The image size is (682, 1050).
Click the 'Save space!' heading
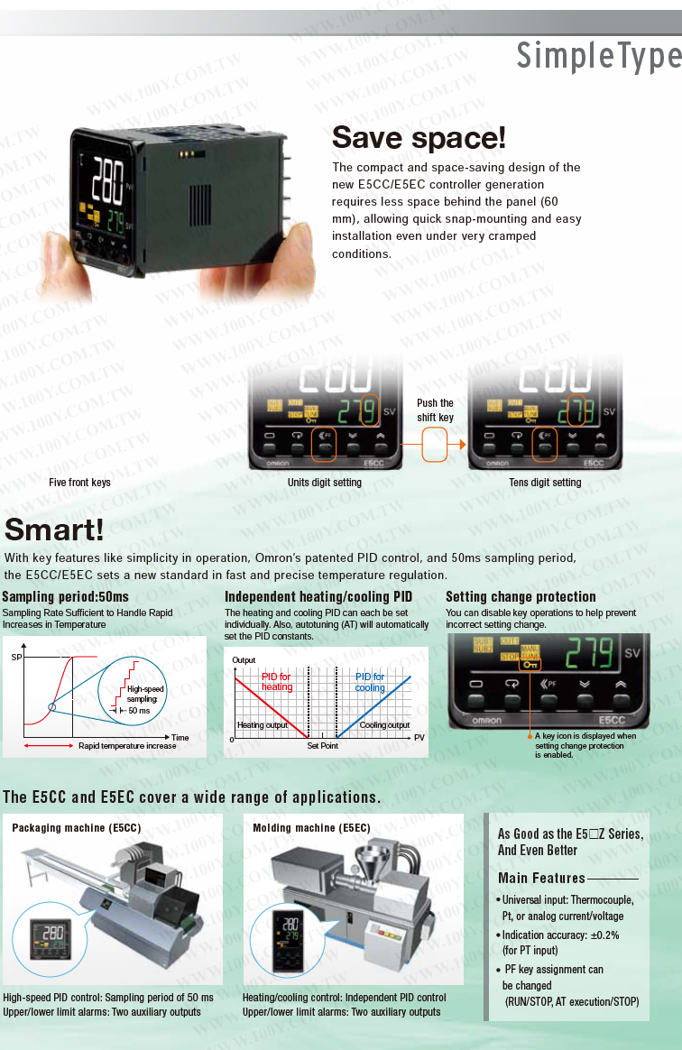point(419,139)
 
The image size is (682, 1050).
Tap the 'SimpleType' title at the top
point(598,56)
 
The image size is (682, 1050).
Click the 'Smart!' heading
point(55,530)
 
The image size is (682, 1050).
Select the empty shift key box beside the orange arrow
point(435,445)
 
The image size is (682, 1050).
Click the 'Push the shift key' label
point(435,410)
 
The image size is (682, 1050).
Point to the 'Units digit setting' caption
point(324,483)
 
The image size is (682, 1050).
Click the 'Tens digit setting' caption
point(545,483)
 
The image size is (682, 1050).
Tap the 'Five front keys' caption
point(79,483)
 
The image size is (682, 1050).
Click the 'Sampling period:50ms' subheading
point(65,596)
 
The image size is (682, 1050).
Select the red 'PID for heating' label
point(277,682)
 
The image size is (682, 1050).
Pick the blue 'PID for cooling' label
point(370,682)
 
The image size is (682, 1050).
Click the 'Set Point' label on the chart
point(322,746)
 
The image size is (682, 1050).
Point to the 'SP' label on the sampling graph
point(15,658)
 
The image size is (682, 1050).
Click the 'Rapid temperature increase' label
point(127,746)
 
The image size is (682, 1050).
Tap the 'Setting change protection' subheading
point(521,596)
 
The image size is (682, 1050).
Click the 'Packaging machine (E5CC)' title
point(77,827)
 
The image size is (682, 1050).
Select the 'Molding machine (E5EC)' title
point(311,827)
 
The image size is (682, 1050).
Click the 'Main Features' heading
point(541,878)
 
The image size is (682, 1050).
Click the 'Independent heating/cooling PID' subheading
point(318,596)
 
